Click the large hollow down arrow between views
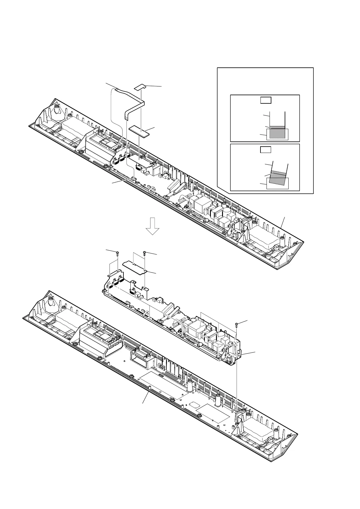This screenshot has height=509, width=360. coord(153,226)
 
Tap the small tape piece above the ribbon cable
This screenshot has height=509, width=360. coord(140,87)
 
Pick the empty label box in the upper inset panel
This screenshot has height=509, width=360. coord(266,100)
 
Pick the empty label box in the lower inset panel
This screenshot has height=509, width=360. coord(266,149)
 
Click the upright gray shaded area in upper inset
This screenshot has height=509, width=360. coord(277,132)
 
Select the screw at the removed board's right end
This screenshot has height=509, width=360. coord(237,325)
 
